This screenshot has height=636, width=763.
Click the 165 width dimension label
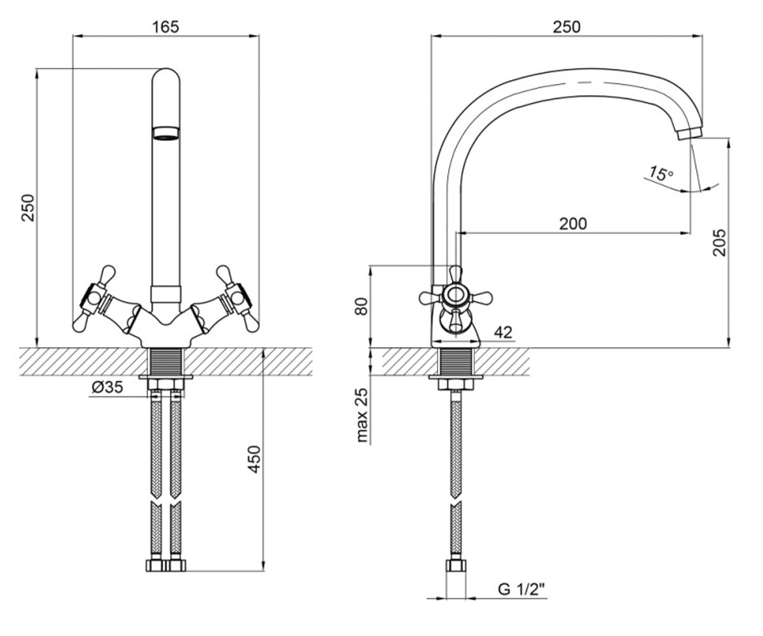165,27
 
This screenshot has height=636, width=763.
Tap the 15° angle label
661,174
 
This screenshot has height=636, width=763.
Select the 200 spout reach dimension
573,224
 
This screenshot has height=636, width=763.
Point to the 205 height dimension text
720,243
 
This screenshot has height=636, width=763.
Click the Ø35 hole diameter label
107,387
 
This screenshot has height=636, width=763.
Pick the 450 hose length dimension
254,459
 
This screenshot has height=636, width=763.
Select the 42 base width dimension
503,332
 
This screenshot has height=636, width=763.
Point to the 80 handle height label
361,307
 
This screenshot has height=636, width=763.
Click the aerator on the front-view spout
165,134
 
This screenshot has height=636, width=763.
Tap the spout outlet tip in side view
689,134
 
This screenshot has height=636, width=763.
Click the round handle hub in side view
456,295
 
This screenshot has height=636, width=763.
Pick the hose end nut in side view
456,565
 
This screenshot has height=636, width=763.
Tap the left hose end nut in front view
156,565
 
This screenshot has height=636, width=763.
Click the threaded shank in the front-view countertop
165,361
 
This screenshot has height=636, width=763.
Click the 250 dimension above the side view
567,27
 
